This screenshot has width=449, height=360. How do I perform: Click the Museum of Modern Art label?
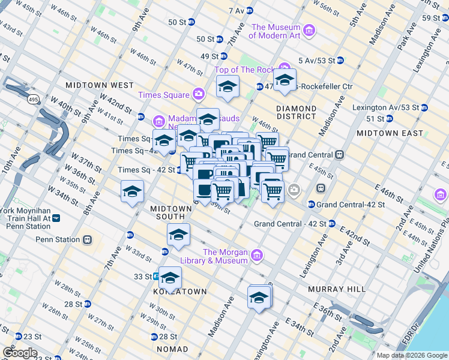(x=275, y=31)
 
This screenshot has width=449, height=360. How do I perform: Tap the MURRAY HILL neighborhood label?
(x=337, y=289)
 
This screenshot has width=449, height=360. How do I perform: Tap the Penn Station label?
(x=58, y=239)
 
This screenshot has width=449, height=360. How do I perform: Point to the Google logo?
(x=20, y=353)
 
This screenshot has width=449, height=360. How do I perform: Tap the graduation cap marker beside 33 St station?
(x=170, y=278)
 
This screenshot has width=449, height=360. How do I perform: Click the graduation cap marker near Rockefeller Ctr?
(x=285, y=80)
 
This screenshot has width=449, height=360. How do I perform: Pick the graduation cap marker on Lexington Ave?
(x=259, y=298)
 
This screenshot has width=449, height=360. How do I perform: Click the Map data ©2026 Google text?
(x=411, y=355)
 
